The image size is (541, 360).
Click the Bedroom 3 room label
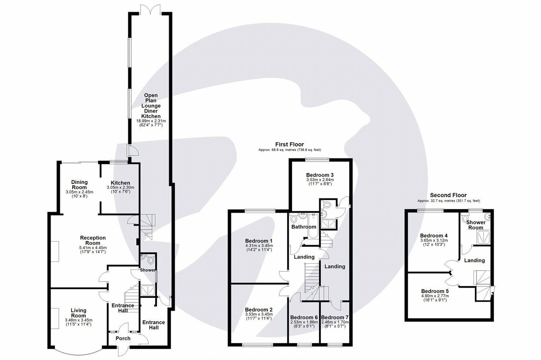click(x=320, y=174)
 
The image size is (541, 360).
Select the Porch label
click(x=123, y=338)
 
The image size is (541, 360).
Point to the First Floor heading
click(x=289, y=144)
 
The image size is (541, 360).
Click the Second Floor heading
click(x=448, y=195)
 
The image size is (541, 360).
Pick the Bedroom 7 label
click(x=335, y=318)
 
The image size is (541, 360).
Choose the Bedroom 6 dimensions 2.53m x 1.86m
click(x=304, y=322)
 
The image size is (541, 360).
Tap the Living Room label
click(x=78, y=313)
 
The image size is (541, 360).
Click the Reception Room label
click(x=93, y=240)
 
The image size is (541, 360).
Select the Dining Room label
click(x=80, y=185)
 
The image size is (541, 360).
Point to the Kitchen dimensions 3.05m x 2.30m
click(x=120, y=188)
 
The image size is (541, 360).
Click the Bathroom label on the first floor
click(x=304, y=227)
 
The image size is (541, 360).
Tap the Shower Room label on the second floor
click(x=476, y=225)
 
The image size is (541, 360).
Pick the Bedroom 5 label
click(x=434, y=291)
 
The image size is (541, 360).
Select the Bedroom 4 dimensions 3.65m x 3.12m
click(x=434, y=240)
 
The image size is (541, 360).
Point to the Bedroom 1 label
click(x=259, y=240)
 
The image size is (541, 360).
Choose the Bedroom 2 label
click(x=259, y=309)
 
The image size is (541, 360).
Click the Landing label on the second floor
click(x=474, y=260)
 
